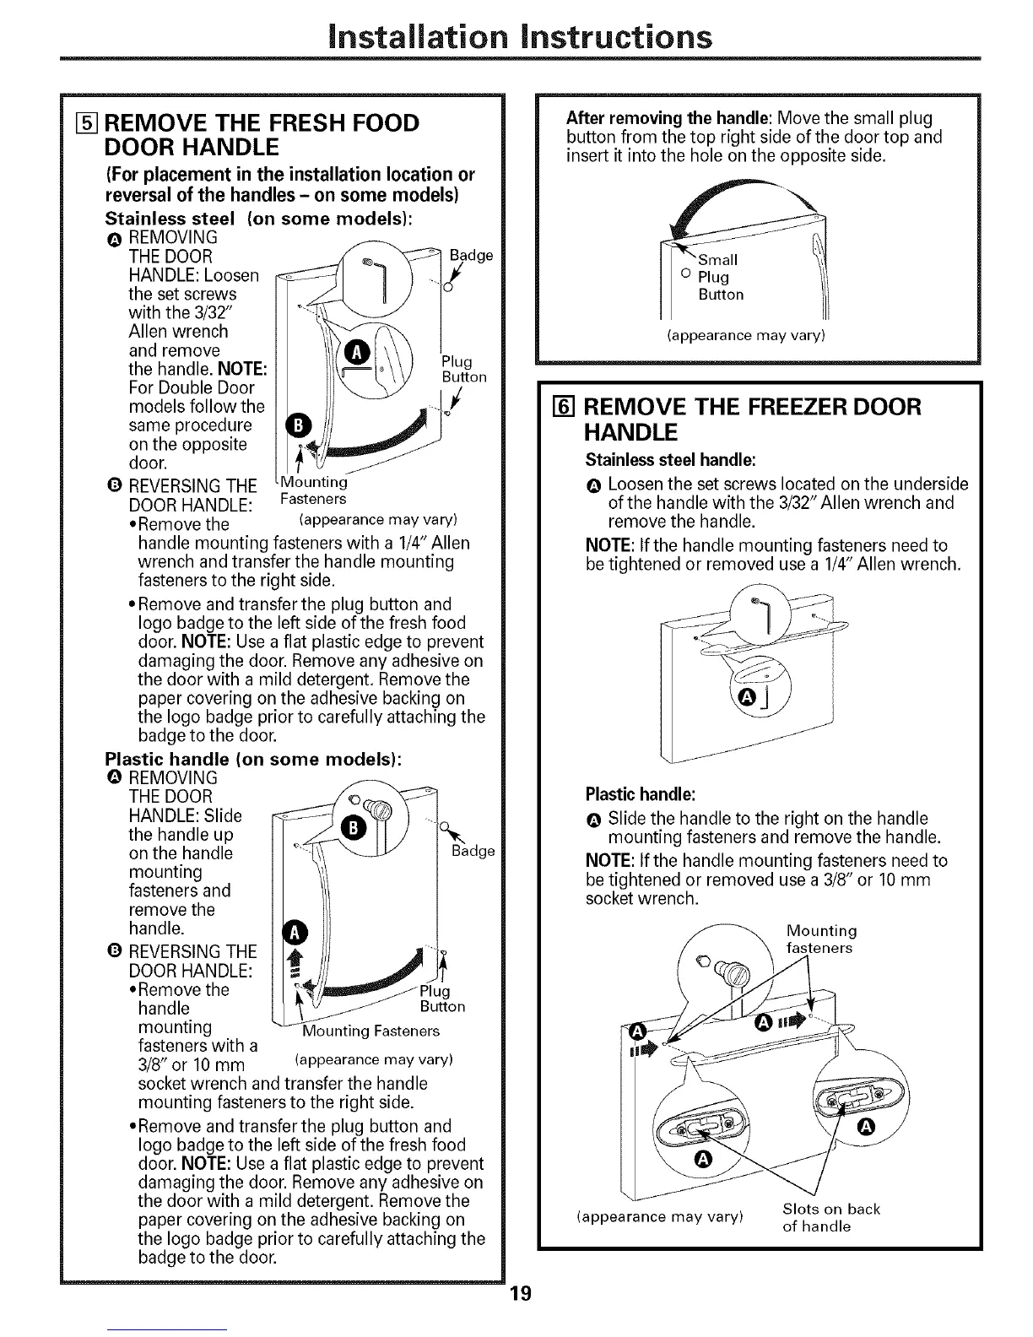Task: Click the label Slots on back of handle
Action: (x=830, y=1217)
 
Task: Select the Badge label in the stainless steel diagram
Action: (x=471, y=256)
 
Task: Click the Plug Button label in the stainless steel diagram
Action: (x=463, y=369)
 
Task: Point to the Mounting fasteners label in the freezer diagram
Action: (x=820, y=939)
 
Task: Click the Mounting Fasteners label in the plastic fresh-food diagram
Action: (x=371, y=1031)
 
